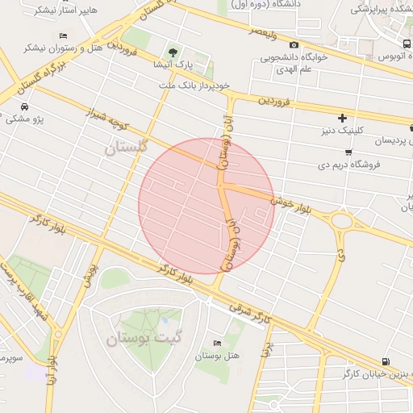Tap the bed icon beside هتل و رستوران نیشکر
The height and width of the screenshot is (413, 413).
[64, 36]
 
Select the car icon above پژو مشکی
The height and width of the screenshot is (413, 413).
[25, 107]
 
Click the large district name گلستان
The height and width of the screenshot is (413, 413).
[127, 148]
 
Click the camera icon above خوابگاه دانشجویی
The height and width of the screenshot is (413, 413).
[294, 44]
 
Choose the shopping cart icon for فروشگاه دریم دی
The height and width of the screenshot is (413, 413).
[348, 152]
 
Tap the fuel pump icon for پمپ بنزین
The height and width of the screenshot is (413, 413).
[386, 361]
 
